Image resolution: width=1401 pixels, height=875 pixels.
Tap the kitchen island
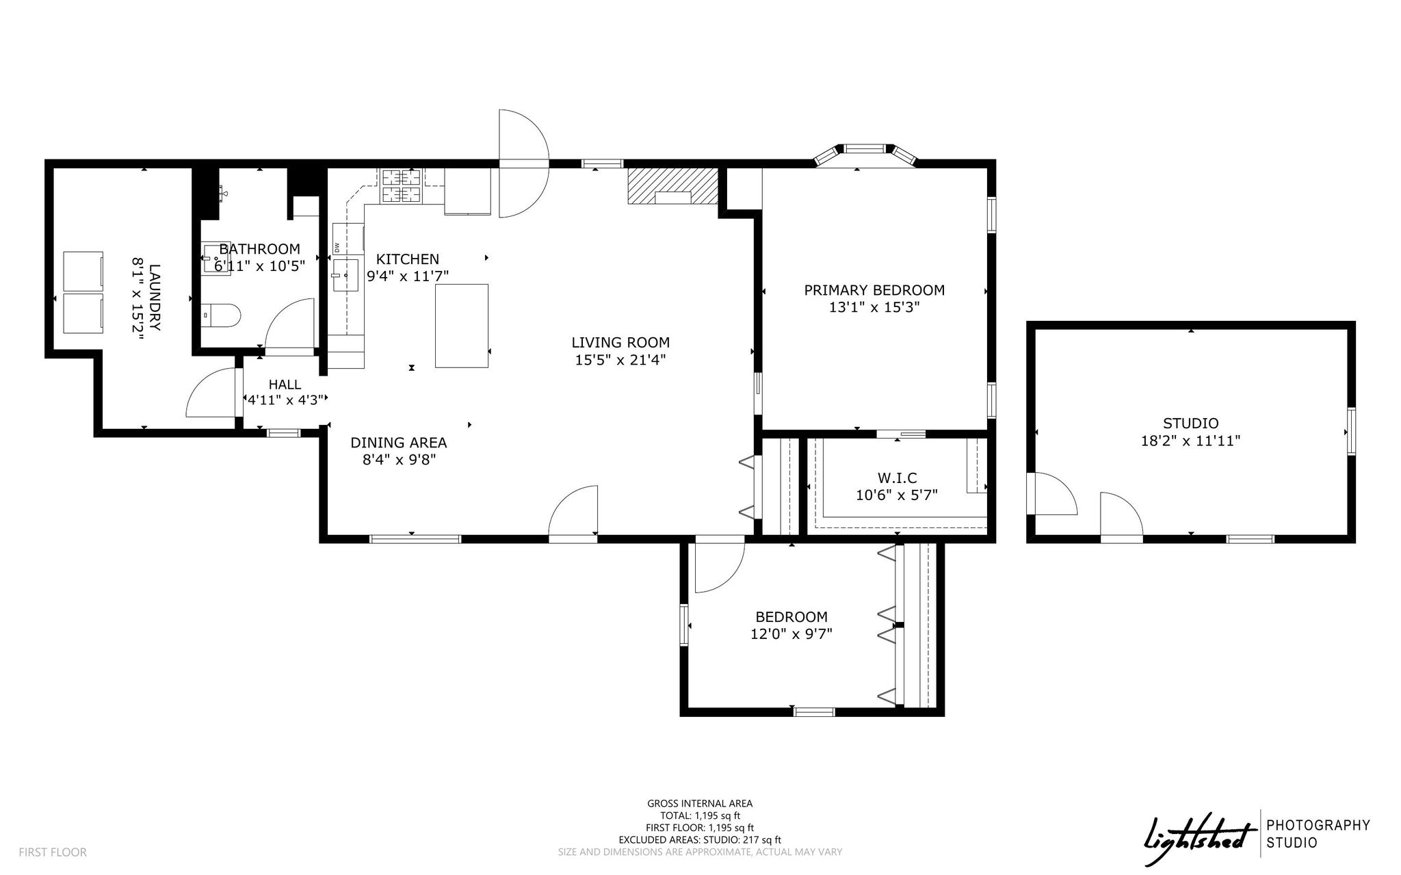462,326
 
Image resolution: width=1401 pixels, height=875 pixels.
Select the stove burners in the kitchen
401,185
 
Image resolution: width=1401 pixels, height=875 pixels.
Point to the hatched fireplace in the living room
672,186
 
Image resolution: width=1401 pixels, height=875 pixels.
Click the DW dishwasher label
337,246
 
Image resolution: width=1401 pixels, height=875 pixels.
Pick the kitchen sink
346,275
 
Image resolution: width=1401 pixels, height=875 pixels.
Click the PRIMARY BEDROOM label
874,290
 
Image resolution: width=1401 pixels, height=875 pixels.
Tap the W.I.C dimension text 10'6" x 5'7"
896,495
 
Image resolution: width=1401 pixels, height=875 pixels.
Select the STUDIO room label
1190,423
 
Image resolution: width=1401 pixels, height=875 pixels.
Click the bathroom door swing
290,327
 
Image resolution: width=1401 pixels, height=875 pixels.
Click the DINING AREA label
399,443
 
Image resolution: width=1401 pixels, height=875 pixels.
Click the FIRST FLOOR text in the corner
53,852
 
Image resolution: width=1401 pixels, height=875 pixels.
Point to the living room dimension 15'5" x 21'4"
620,360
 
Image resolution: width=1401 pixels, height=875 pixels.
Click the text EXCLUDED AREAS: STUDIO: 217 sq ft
700,840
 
